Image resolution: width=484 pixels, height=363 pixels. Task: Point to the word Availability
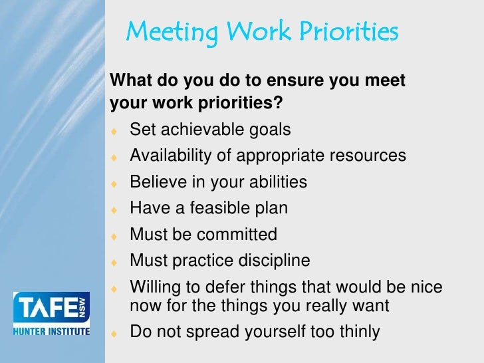click(x=170, y=156)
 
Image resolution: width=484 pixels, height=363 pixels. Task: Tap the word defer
click(x=223, y=287)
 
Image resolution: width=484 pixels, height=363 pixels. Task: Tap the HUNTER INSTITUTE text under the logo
click(x=51, y=330)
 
